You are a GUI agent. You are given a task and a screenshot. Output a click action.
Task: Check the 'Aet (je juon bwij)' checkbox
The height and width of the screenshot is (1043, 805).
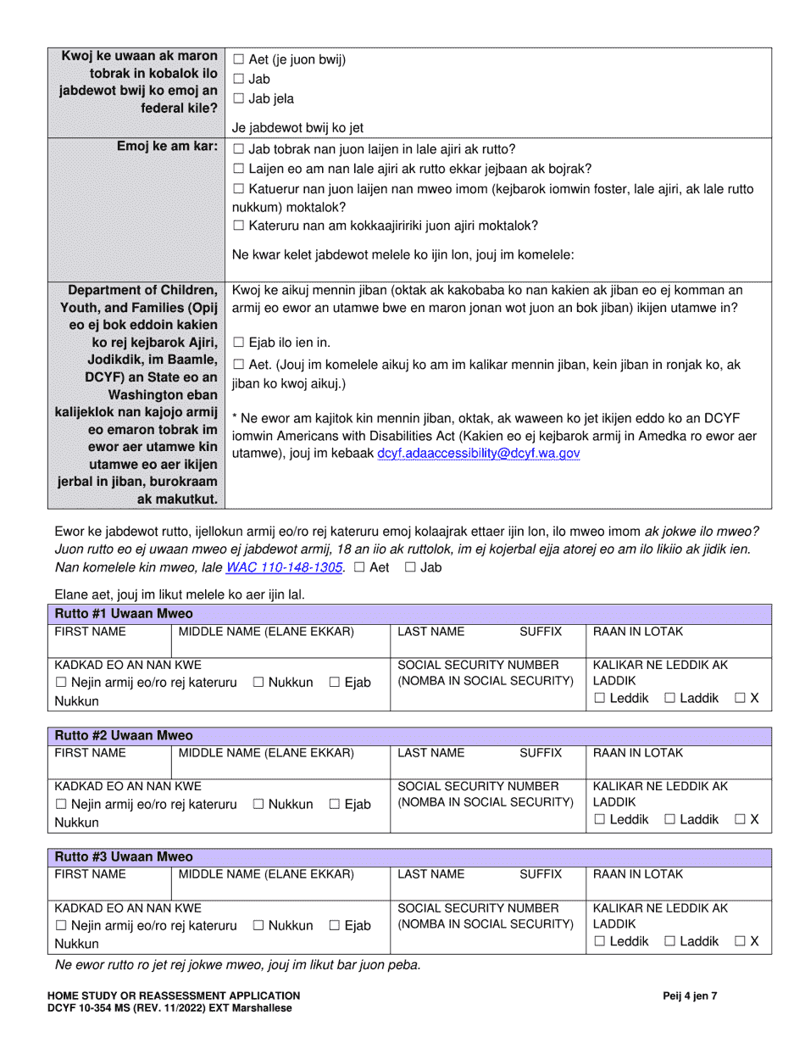click(x=238, y=59)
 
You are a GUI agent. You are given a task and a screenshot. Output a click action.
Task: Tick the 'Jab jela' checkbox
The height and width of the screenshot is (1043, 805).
click(x=238, y=99)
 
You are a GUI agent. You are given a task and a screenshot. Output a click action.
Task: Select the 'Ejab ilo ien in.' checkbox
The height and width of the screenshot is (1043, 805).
click(x=238, y=343)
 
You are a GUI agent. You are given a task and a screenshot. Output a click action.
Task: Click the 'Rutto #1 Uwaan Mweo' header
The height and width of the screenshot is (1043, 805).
click(x=124, y=613)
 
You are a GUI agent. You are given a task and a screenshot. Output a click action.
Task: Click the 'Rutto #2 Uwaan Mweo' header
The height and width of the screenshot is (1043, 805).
click(x=124, y=735)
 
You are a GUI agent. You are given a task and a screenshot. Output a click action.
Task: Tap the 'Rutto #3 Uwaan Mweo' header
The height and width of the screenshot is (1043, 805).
click(x=124, y=857)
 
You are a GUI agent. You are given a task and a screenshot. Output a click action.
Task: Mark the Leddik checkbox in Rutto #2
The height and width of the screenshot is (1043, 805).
click(x=600, y=819)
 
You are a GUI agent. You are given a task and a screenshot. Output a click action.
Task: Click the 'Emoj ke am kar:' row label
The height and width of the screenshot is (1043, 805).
click(x=168, y=147)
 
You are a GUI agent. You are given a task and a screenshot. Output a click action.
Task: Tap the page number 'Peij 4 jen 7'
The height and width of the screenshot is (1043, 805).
click(x=690, y=996)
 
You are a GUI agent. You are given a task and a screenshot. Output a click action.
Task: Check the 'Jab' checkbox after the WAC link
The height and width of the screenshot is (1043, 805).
click(x=410, y=567)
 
